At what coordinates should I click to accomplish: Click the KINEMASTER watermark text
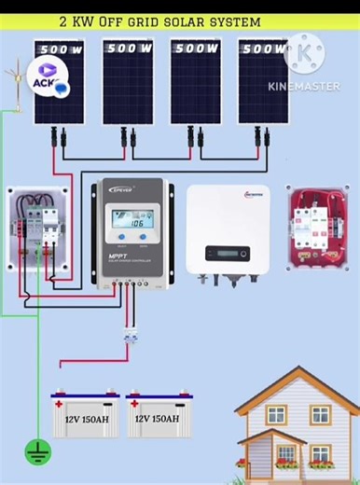pyautogui.click(x=304, y=86)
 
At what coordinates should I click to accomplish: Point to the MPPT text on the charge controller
pyautogui.click(x=118, y=256)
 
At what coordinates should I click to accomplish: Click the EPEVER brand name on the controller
pyautogui.click(x=123, y=189)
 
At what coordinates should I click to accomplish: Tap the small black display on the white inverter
pyautogui.click(x=227, y=253)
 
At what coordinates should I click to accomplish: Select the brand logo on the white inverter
pyautogui.click(x=252, y=195)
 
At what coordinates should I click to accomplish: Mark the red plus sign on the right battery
pyautogui.click(x=135, y=405)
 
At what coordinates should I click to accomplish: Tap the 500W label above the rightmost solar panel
pyautogui.click(x=263, y=48)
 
